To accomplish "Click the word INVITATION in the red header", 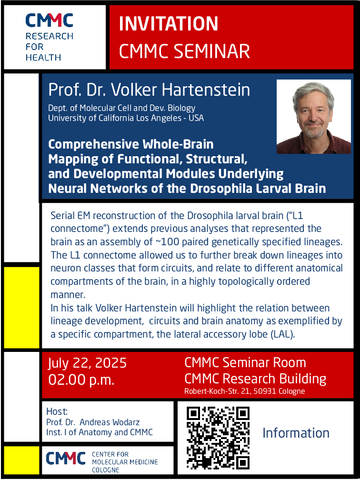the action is pos(168,24).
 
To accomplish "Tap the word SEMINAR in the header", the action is pos(212,51).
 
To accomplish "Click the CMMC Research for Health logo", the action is pos(49,37).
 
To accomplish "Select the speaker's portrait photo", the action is pos(314,117).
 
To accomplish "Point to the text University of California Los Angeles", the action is pos(115,118).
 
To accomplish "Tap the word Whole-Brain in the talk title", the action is pos(178,144).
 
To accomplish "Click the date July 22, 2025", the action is pos(87,363).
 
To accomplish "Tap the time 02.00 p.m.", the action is pos(81,380).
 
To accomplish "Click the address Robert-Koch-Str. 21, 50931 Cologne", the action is pos(245,391).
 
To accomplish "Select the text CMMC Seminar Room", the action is pos(245,362).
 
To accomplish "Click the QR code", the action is pos(218,438).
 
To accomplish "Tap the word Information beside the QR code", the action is pos(296,433).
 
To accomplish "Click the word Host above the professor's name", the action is pos(57,411).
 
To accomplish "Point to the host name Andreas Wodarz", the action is pos(110,422).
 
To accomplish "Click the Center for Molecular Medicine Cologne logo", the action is pos(102,461).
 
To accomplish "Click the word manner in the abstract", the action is pos(68,295).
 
